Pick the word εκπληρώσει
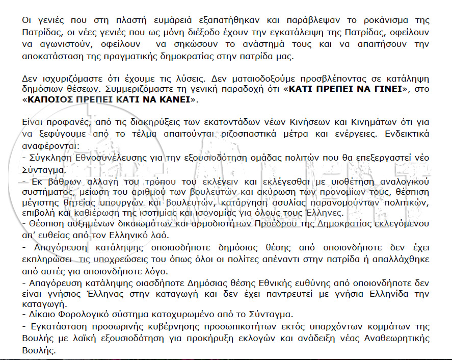click(x=46, y=260)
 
